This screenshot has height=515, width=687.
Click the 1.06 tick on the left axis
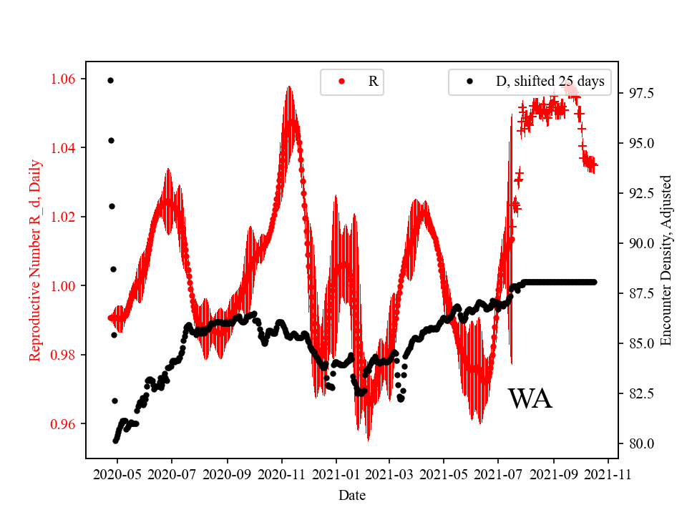click(66, 79)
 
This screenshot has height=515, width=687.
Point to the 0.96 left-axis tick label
click(66, 424)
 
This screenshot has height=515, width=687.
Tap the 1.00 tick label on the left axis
click(66, 286)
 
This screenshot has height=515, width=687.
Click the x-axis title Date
click(352, 494)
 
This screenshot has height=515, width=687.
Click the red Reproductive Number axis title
click(35, 260)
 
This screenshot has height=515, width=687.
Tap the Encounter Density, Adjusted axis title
click(666, 260)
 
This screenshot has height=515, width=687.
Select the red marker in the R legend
click(341, 82)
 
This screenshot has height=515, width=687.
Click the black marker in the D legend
click(469, 82)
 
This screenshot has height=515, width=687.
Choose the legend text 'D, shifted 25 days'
click(550, 82)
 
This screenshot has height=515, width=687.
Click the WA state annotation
click(530, 399)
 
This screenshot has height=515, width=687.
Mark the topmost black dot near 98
click(110, 80)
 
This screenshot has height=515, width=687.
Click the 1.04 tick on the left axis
click(66, 148)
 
